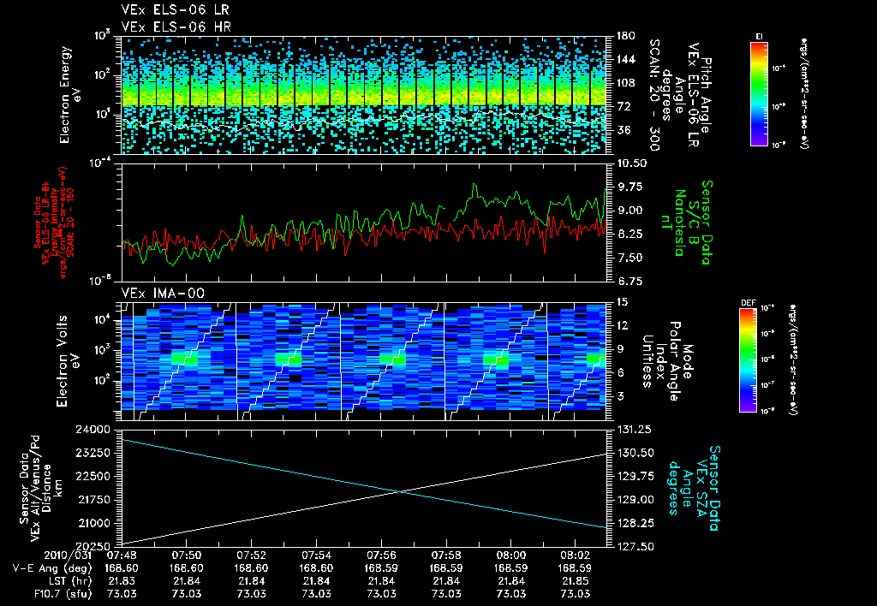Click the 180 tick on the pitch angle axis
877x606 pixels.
623,36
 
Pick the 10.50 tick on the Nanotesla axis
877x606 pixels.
628,163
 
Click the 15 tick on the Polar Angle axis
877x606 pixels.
619,302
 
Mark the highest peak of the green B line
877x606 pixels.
474,184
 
